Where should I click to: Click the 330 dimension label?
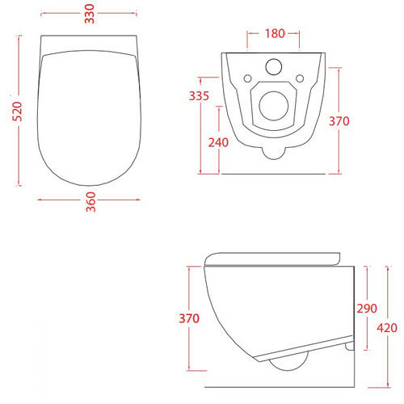pos(90,14)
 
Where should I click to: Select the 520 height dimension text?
pos(17,112)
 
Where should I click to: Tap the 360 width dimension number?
pos(90,202)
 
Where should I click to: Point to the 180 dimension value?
pos(275,33)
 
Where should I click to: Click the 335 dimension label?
pos(199,96)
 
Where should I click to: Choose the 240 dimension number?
pos(218,142)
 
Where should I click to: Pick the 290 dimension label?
pos(367,309)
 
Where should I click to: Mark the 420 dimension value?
pos(387,328)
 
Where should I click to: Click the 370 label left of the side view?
pos(189,318)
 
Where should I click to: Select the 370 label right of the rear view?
pos(339,121)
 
